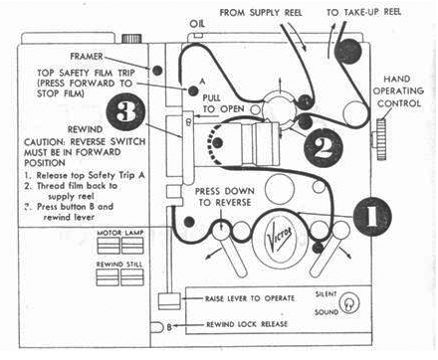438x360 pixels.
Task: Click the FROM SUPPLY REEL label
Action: [253, 11]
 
